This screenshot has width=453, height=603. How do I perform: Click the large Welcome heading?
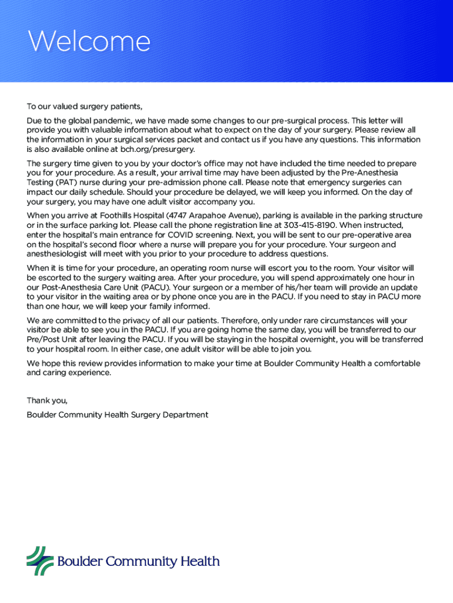[x=88, y=42]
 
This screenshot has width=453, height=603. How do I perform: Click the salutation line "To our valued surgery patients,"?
[x=85, y=107]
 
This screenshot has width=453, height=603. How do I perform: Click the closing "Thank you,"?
[x=47, y=400]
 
